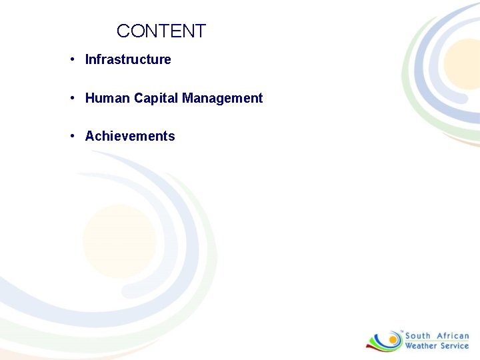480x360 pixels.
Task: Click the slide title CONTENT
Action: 161,31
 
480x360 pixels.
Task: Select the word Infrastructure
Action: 128,59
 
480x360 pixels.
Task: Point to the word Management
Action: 223,98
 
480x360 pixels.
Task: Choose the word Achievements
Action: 130,136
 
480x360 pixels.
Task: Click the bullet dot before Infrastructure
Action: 71,60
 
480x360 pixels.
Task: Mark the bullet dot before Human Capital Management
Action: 71,99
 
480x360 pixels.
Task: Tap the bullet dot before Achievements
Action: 71,137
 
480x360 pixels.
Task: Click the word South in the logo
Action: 418,336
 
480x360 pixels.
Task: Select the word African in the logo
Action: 453,336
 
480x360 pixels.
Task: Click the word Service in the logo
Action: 455,346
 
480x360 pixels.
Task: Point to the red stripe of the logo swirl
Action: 373,345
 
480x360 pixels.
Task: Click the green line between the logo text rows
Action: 437,341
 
